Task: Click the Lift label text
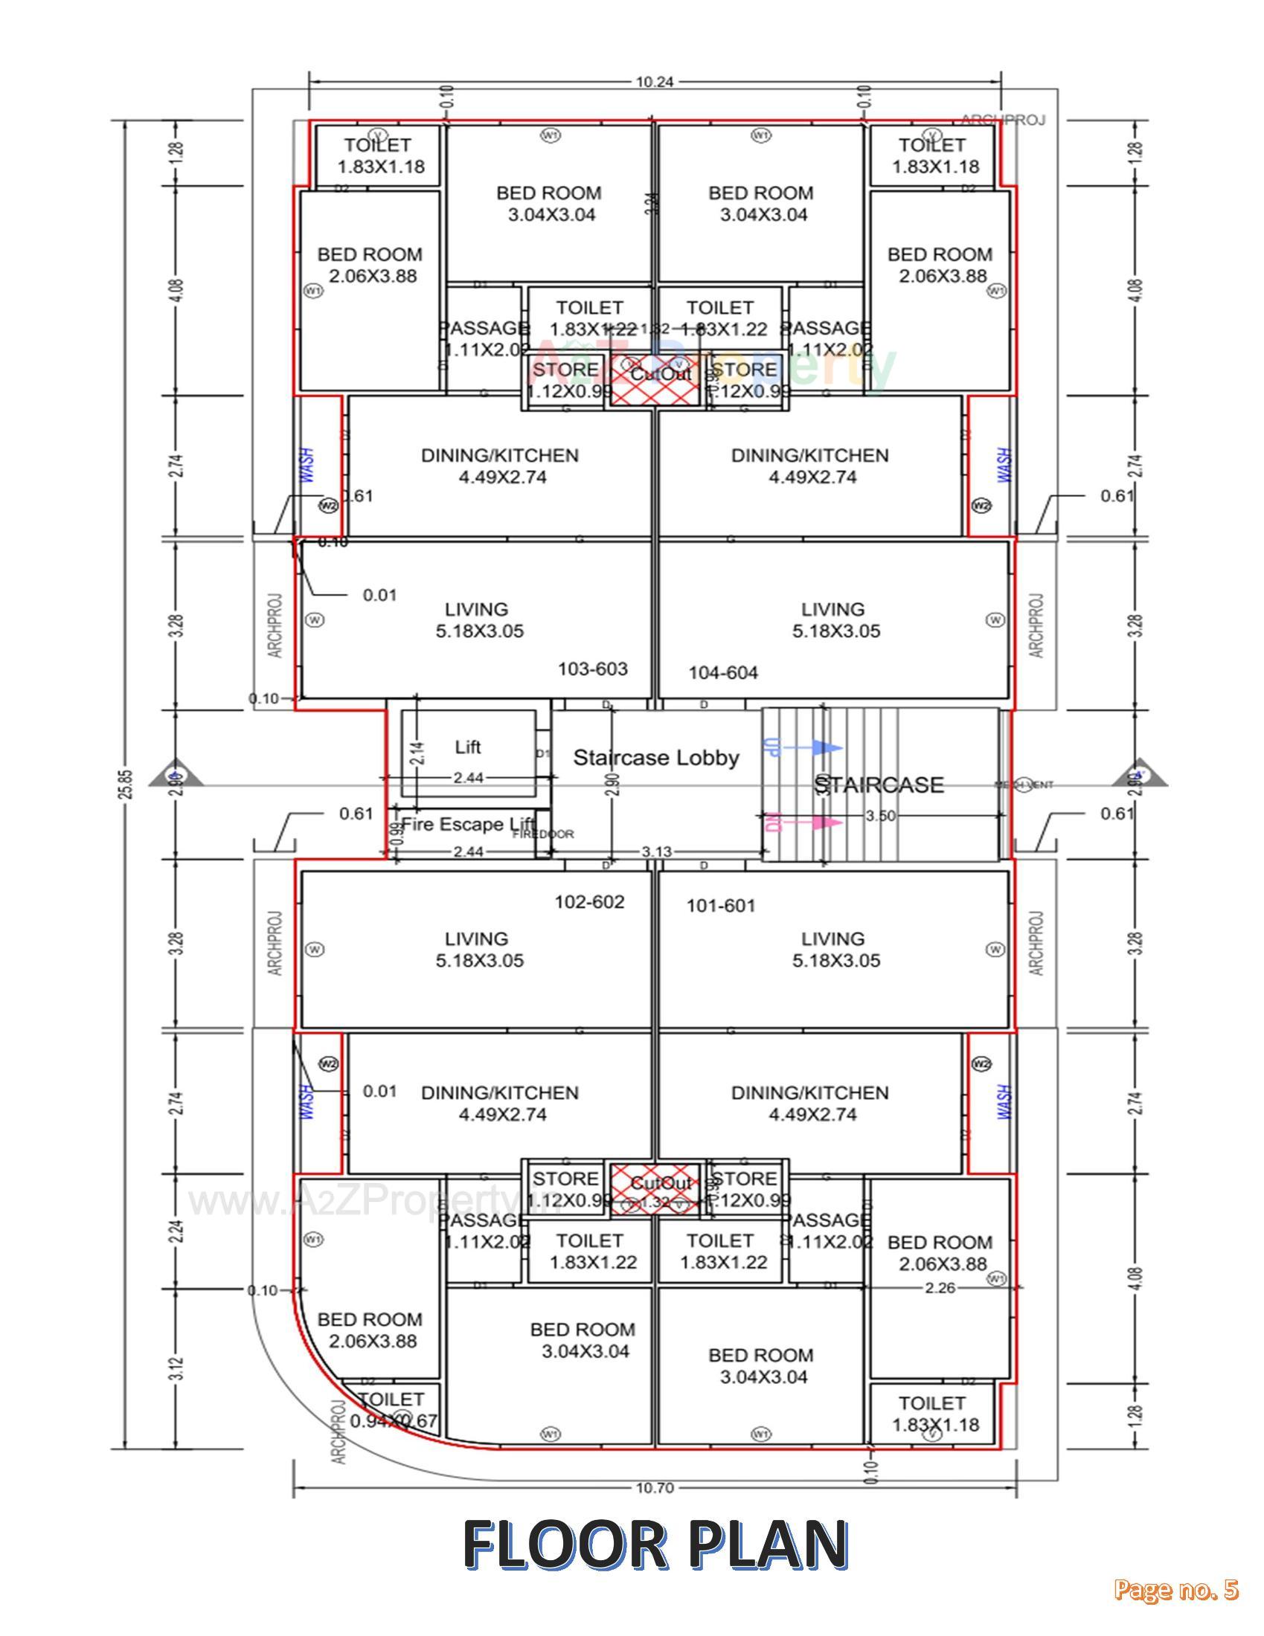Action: point(467,747)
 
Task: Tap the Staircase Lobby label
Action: point(655,757)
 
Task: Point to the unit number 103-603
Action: point(593,669)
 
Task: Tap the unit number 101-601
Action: point(721,906)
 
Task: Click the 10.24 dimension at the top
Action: point(654,83)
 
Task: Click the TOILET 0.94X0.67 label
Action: point(391,1411)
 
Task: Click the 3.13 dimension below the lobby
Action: point(656,851)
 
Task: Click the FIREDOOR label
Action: point(554,834)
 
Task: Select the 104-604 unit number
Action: point(723,673)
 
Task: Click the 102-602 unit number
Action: point(589,902)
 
